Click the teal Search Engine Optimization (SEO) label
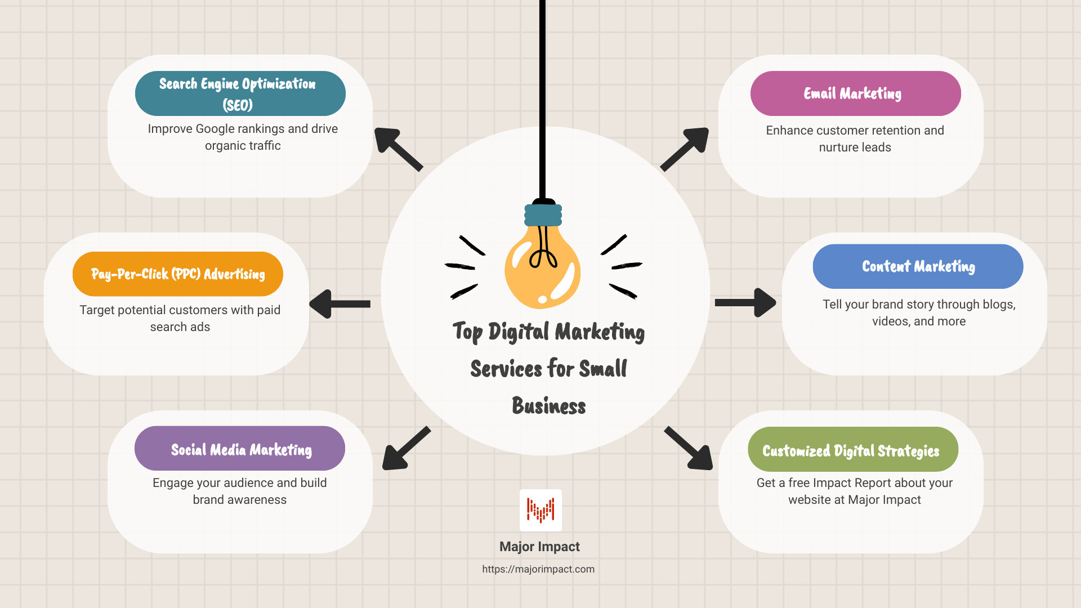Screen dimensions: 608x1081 click(x=240, y=93)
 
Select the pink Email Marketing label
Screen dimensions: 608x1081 click(x=855, y=93)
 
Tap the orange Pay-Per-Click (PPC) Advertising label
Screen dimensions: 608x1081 click(x=177, y=274)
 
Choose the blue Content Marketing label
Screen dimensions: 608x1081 click(x=918, y=266)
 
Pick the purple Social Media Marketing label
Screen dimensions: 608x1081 click(x=240, y=449)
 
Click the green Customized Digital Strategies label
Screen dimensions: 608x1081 click(x=852, y=450)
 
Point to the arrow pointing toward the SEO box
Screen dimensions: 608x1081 click(x=397, y=149)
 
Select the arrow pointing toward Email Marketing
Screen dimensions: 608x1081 click(x=685, y=149)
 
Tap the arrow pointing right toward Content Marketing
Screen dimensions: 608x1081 click(x=745, y=303)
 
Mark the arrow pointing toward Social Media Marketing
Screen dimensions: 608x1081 click(x=405, y=449)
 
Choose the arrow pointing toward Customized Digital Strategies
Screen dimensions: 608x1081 click(x=689, y=449)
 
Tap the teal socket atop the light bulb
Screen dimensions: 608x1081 click(x=543, y=215)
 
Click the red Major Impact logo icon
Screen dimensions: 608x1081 click(x=540, y=510)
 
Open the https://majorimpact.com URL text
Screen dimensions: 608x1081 click(x=538, y=569)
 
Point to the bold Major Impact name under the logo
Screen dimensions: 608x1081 click(x=539, y=547)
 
